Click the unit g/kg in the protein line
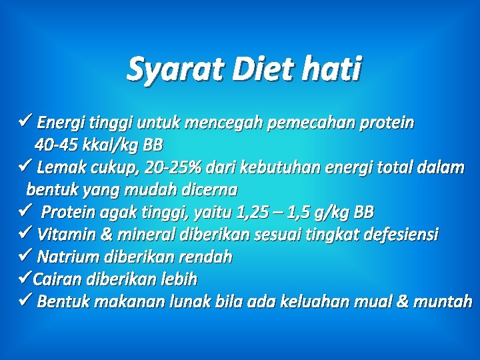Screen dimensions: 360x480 [327, 213]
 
